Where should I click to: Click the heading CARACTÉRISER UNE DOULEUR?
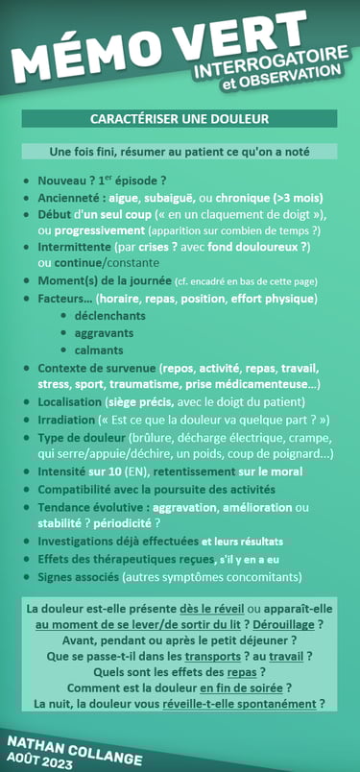click(180, 119)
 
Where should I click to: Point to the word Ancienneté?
click(70, 197)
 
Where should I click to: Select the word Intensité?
click(61, 471)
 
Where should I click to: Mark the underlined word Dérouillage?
click(293, 624)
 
